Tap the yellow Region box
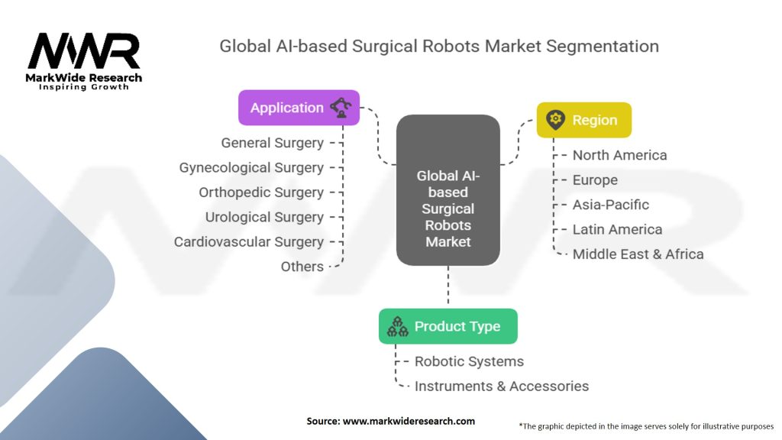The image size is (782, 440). tap(583, 120)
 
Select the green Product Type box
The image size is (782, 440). tap(448, 326)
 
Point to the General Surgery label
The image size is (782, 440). tap(272, 143)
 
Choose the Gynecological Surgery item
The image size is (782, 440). tap(251, 167)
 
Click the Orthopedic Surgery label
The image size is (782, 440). tap(261, 192)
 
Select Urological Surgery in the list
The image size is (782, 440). tap(264, 217)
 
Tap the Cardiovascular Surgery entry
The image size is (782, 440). tap(249, 241)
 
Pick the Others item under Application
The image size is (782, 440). tap(302, 267)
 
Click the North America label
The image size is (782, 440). tap(619, 155)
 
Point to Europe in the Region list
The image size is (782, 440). tap(595, 180)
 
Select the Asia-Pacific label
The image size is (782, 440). tap(611, 205)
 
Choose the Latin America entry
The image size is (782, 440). tap(617, 229)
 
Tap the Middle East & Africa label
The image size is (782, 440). tap(638, 254)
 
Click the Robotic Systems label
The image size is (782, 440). tap(469, 361)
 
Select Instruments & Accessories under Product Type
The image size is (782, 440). tap(501, 386)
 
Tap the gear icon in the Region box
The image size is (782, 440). tap(555, 120)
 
